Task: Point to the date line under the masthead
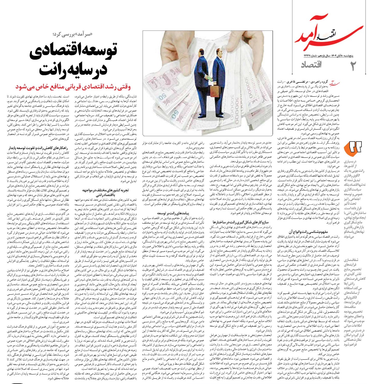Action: (x=328, y=56)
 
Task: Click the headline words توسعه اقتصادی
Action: (x=73, y=50)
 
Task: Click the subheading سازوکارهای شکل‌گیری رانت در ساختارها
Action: (x=241, y=222)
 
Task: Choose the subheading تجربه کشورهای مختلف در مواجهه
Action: (x=105, y=190)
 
